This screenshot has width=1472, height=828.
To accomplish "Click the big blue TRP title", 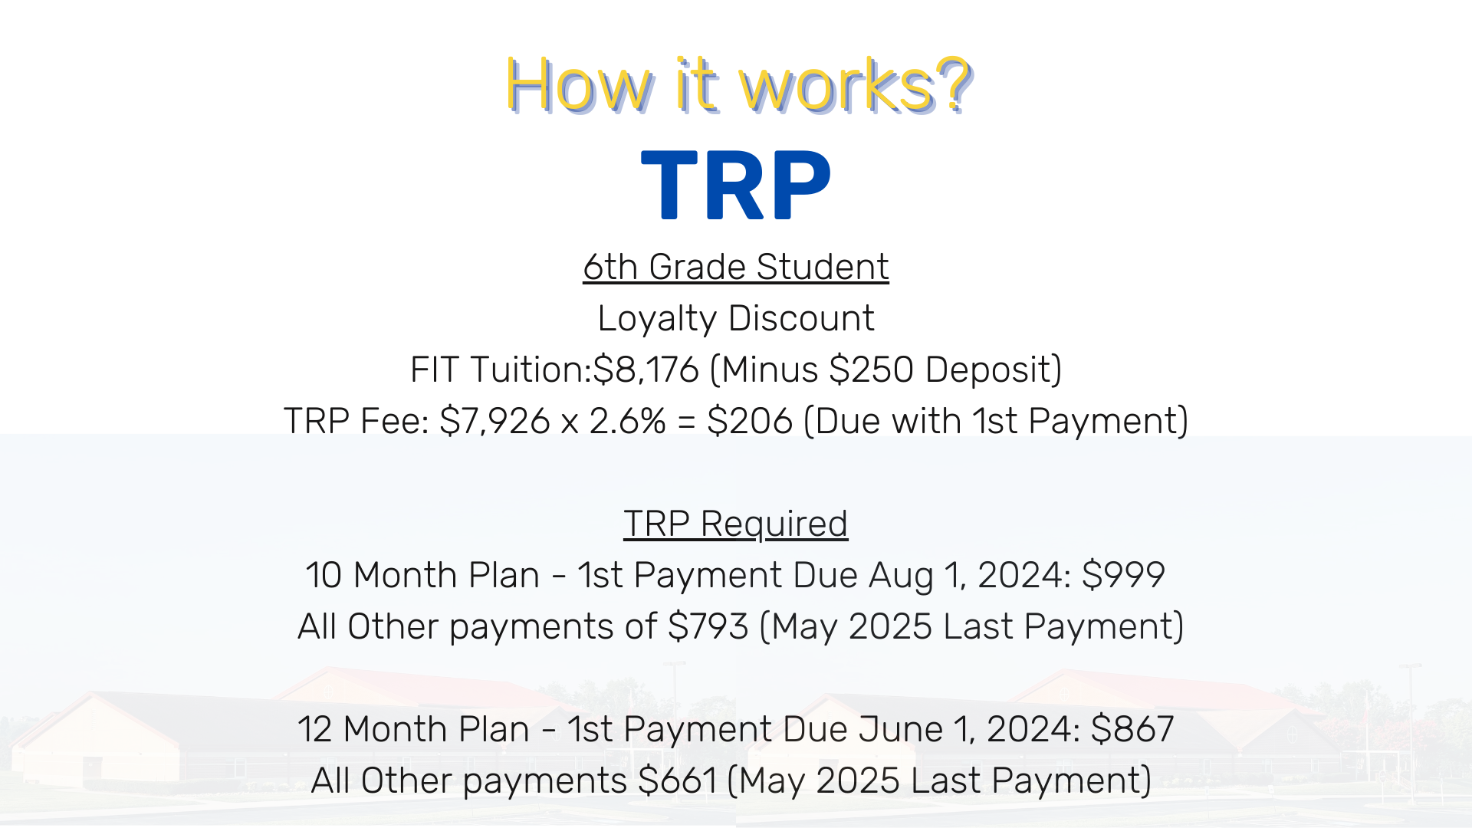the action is pyautogui.click(x=736, y=185).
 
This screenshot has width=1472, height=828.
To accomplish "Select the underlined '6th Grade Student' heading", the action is pyautogui.click(x=736, y=267).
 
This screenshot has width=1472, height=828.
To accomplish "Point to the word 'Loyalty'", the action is pyautogui.click(x=656, y=319).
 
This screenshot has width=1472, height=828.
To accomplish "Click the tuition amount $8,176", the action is pyautogui.click(x=646, y=370).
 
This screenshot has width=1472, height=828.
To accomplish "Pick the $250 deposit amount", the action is pyautogui.click(x=871, y=370).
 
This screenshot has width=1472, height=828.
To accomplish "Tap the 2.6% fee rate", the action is pyautogui.click(x=627, y=421).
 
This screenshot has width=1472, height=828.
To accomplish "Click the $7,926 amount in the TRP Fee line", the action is pyautogui.click(x=495, y=421).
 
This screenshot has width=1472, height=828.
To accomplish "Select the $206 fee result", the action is pyautogui.click(x=750, y=421).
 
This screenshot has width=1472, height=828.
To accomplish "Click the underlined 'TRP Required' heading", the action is pyautogui.click(x=736, y=524).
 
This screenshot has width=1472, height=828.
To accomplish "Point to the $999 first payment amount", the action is pyautogui.click(x=1123, y=575).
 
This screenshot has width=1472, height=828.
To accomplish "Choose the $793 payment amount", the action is pyautogui.click(x=708, y=626).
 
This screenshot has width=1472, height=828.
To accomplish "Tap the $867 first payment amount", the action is pyautogui.click(x=1132, y=729).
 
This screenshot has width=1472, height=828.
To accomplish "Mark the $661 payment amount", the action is pyautogui.click(x=677, y=780).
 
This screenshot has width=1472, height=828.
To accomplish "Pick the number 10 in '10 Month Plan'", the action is pyautogui.click(x=324, y=575).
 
